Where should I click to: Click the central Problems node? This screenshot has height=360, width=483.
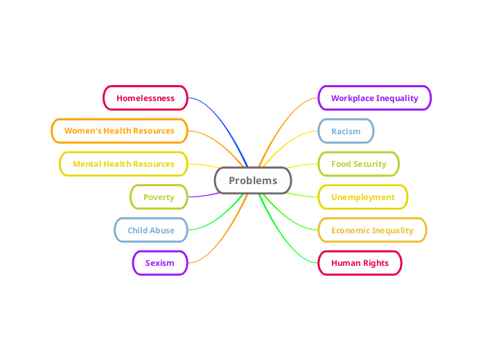(x=253, y=181)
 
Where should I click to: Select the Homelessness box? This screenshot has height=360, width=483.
(x=146, y=98)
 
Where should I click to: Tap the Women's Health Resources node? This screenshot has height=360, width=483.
(x=119, y=131)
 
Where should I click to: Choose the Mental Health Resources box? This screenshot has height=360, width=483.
(x=123, y=164)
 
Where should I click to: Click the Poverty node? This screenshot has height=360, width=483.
(x=159, y=197)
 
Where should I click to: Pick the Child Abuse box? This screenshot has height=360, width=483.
(x=151, y=231)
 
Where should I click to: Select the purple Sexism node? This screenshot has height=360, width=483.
(x=159, y=263)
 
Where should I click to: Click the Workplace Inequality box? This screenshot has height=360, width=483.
(x=374, y=98)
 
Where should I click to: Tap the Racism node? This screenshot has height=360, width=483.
(x=346, y=131)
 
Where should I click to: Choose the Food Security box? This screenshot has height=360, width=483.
(x=358, y=164)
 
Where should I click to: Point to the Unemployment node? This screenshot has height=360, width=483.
(x=362, y=197)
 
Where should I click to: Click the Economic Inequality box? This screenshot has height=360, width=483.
(x=372, y=231)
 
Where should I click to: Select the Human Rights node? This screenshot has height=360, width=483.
(x=360, y=263)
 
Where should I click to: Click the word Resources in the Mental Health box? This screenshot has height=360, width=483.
(x=155, y=164)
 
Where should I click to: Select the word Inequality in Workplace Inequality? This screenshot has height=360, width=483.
(x=397, y=98)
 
